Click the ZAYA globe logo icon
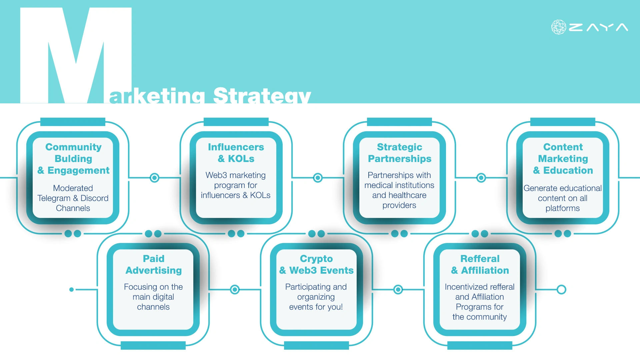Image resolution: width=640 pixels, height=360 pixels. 559,27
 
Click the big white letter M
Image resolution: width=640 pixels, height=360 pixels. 76,55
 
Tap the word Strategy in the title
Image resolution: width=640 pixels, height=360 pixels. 262,95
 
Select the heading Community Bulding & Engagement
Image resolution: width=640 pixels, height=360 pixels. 73,159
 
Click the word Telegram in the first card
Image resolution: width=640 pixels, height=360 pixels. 54,198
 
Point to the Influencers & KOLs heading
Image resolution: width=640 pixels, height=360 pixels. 236,153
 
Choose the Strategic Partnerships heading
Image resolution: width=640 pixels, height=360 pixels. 400,153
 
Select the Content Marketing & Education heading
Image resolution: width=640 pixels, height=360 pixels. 563,159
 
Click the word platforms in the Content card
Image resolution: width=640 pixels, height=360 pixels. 563,208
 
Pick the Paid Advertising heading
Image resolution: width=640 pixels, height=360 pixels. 154,264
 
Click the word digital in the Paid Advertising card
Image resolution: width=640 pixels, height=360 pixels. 163,297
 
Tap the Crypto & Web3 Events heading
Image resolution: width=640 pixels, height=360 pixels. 316,264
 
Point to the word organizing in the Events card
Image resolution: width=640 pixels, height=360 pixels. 316,297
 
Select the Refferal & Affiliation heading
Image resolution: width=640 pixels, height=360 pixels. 480,264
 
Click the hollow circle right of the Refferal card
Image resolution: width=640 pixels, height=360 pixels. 561,289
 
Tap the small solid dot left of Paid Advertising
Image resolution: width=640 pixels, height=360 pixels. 71,289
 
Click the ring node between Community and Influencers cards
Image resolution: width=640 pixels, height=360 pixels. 154,178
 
